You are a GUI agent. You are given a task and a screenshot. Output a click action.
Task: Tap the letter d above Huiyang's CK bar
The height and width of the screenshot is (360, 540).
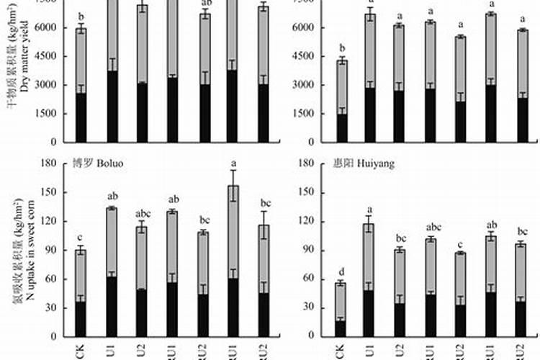[x=341, y=271]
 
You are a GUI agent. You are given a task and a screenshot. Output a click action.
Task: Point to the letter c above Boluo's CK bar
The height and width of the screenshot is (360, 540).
[x=81, y=238]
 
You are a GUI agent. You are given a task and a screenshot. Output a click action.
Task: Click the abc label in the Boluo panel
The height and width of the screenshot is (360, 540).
[x=142, y=213]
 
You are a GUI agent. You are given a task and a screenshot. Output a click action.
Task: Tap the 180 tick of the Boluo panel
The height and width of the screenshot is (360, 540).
[x=48, y=163]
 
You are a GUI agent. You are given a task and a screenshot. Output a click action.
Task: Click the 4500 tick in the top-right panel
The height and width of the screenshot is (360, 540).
[x=305, y=55]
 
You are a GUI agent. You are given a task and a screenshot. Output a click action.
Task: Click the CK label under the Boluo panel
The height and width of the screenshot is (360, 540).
[x=81, y=351]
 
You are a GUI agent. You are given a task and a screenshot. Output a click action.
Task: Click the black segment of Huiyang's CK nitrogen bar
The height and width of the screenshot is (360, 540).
[x=341, y=328]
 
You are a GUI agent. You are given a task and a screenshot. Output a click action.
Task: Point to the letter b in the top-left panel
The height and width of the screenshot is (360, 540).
[x=81, y=16]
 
